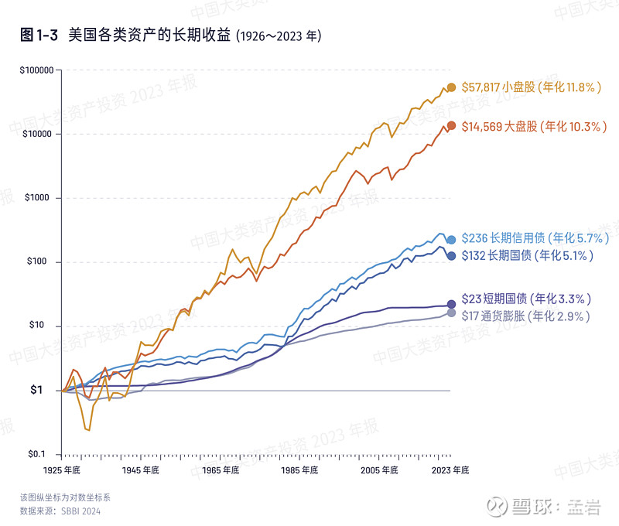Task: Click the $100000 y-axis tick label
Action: [36, 70]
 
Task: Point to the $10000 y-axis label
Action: [37, 134]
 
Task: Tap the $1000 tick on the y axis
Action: [37, 198]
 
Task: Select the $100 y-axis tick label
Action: [36, 261]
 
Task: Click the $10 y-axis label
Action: [36, 325]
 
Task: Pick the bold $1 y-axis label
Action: [36, 390]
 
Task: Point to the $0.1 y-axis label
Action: [36, 454]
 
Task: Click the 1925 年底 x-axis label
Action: [62, 470]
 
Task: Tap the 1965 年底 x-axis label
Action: [221, 470]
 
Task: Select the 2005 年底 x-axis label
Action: [379, 470]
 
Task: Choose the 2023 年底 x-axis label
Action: [450, 470]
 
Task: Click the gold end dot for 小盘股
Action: [451, 87]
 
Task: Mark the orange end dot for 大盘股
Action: [451, 126]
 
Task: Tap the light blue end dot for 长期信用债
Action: [451, 240]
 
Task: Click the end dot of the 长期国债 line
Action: [451, 256]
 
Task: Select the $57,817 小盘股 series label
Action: [532, 87]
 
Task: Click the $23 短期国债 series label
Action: [526, 299]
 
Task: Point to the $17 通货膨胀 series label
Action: [526, 316]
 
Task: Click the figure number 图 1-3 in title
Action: [39, 35]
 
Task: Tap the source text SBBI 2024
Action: [81, 511]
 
